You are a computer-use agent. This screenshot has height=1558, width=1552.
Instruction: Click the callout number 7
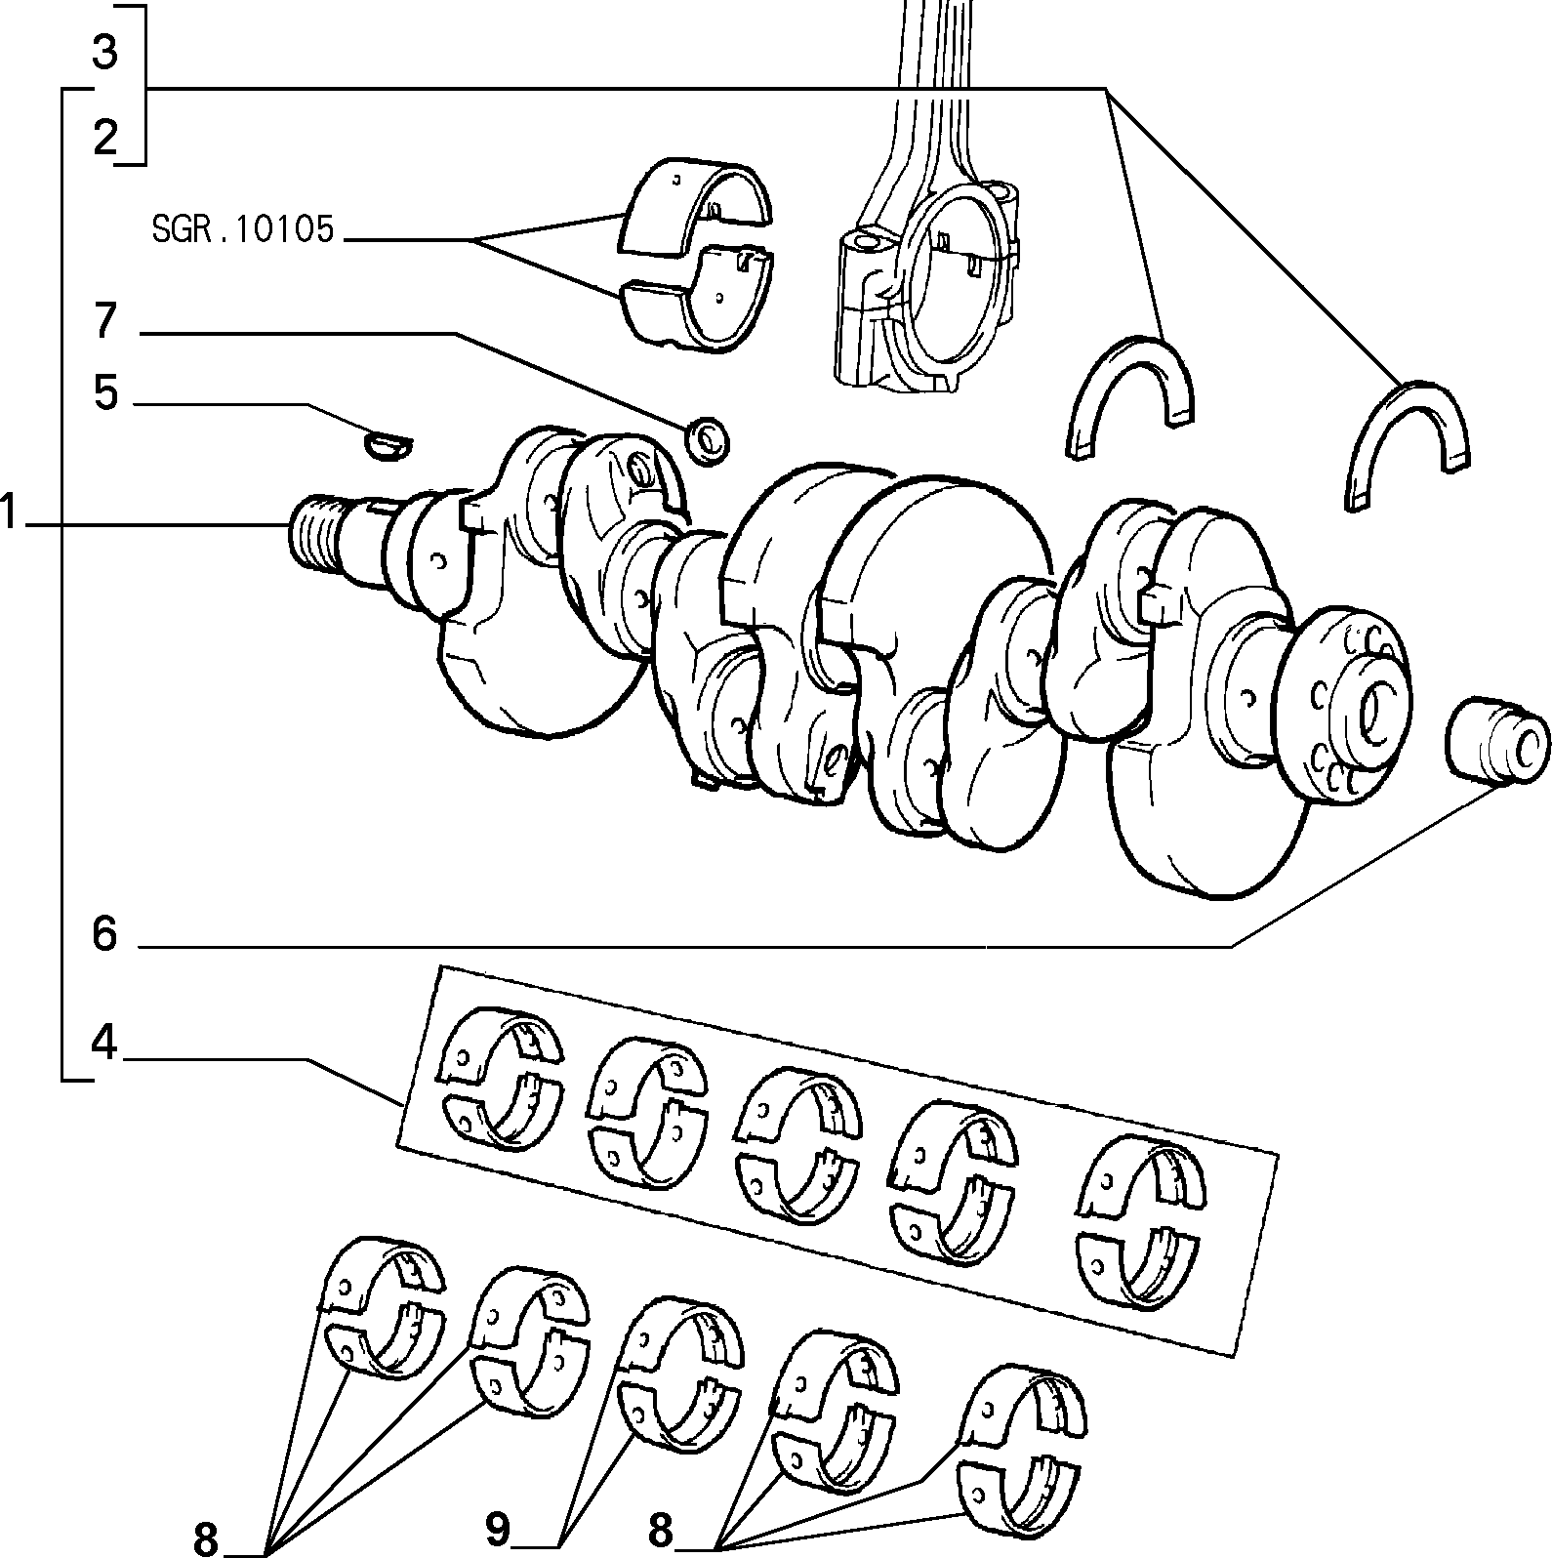coord(104,321)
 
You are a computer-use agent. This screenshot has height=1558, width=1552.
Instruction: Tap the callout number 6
coord(104,935)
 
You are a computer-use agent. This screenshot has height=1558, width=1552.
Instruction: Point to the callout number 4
coord(104,1045)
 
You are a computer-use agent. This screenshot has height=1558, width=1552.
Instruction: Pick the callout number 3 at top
coord(105,52)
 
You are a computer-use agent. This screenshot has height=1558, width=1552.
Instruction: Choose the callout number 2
coord(105,138)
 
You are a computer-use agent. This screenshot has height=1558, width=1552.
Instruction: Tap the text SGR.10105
coord(243,229)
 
